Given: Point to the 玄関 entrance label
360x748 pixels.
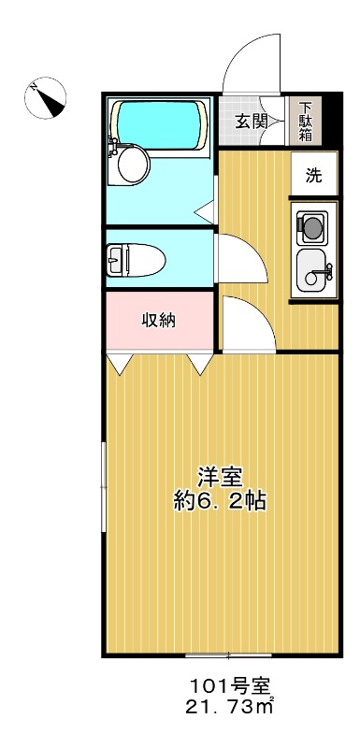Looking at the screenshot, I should (252, 121).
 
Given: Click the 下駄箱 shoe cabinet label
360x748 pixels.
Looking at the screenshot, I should (306, 122).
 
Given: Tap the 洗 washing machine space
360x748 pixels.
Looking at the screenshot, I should (313, 174).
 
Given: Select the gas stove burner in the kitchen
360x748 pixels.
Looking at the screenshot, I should (312, 225).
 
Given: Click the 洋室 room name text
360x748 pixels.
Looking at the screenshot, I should (220, 475).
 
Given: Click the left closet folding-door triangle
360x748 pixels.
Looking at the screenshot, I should (118, 364).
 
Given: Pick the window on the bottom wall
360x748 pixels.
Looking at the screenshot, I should (222, 654).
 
